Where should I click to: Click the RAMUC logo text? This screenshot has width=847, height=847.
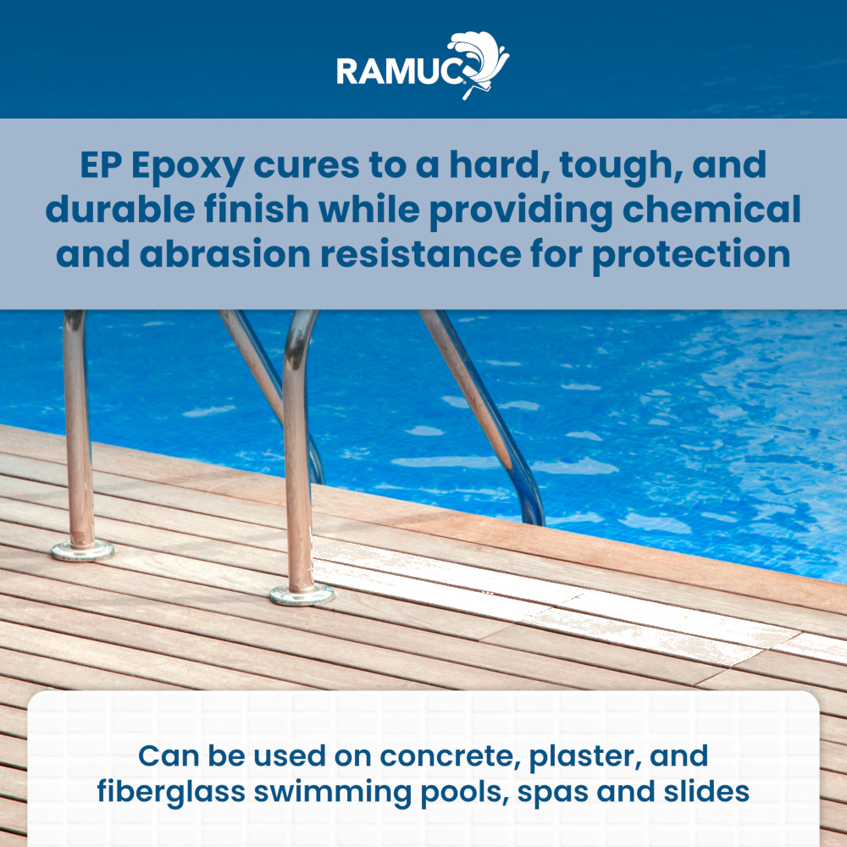click(400, 71)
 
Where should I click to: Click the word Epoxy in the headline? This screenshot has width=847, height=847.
click(187, 166)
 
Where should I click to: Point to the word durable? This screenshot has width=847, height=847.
click(120, 209)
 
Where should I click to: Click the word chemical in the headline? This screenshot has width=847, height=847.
click(711, 209)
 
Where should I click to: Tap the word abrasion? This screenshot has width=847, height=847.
click(225, 254)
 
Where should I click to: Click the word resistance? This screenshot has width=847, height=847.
click(420, 254)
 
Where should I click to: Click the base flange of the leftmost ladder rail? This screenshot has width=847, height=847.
click(83, 551)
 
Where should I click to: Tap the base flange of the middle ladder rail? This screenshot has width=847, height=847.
click(302, 595)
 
